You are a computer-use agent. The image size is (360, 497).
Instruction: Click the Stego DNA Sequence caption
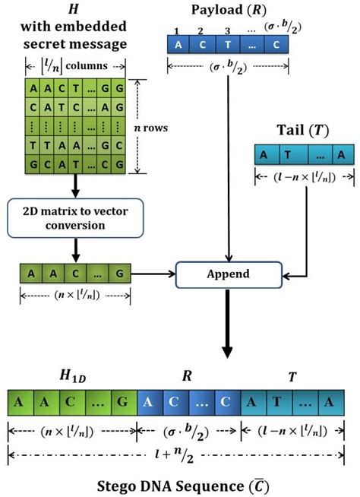[180, 482]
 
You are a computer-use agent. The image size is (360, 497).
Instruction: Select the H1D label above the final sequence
[71, 376]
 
